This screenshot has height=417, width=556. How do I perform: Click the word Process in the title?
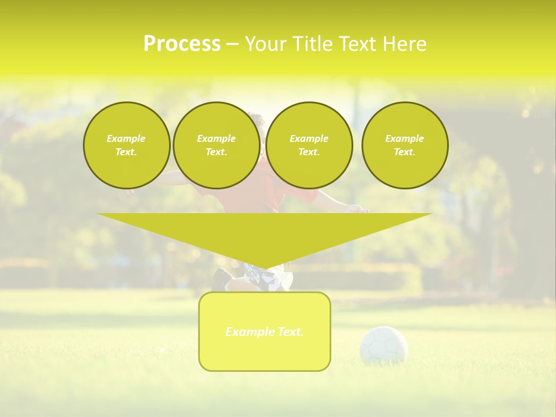point(182,44)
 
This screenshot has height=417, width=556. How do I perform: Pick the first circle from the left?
point(126,145)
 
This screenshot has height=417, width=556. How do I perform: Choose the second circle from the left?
point(216,145)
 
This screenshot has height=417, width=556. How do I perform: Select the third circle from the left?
point(309,145)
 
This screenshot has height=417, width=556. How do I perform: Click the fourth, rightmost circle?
point(405,145)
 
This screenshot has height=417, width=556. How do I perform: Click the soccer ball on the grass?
point(383,345)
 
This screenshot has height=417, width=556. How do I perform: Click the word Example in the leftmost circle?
point(126,138)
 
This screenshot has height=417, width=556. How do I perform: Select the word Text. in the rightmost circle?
point(405,152)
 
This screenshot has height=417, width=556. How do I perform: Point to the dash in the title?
point(232,44)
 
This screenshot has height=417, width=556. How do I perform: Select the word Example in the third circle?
point(309,138)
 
